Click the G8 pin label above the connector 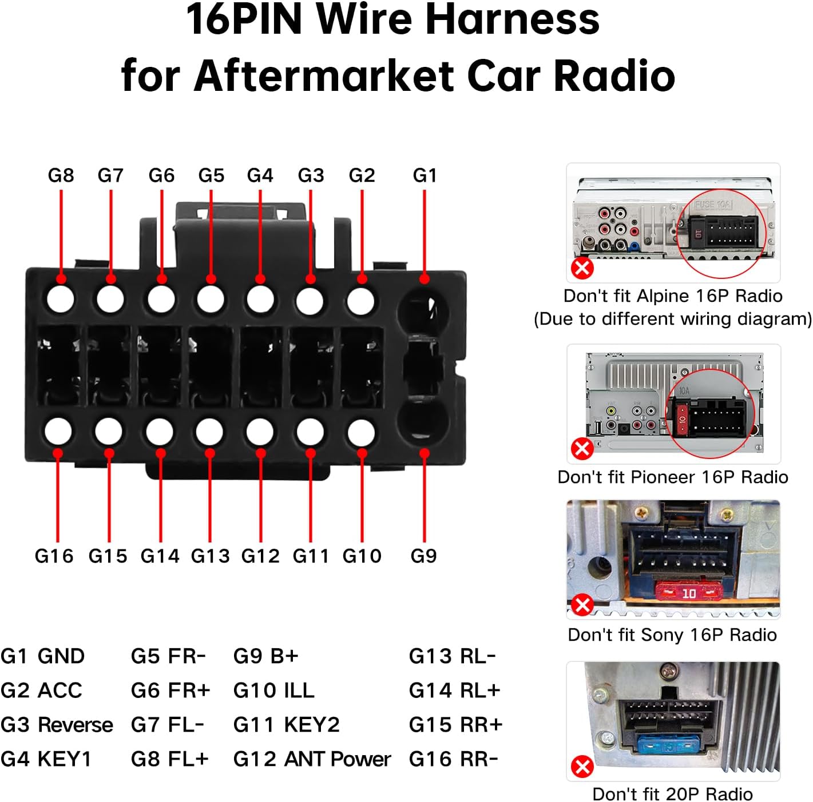[x=61, y=175]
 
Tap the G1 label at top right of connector [x=425, y=175]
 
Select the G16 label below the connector [x=54, y=556]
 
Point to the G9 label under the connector [x=423, y=556]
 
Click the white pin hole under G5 [x=211, y=299]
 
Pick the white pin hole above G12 [x=260, y=432]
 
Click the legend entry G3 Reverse [x=57, y=725]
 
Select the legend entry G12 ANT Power [x=312, y=759]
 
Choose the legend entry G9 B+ [x=265, y=656]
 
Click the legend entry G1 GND [x=43, y=656]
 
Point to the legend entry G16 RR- [x=453, y=759]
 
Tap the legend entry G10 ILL [x=273, y=691]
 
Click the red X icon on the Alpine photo [x=582, y=268]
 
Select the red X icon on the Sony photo [x=582, y=604]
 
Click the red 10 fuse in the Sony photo [x=689, y=593]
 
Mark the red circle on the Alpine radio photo [x=721, y=234]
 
